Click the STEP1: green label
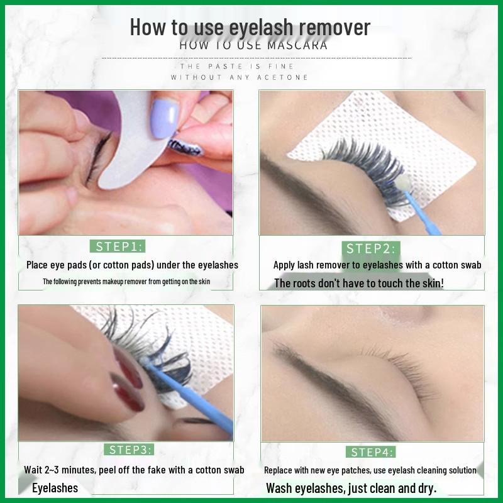(118, 246)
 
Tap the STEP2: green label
(371, 248)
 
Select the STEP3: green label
(129, 450)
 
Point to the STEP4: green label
(370, 452)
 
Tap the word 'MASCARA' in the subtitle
(297, 45)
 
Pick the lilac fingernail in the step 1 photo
(163, 118)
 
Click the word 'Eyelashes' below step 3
(55, 488)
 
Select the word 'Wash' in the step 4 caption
(279, 489)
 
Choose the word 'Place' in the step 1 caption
(37, 265)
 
